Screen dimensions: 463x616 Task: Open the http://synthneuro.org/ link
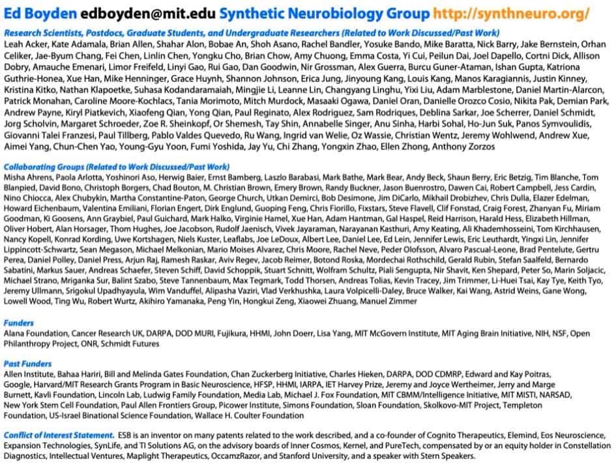[512, 14]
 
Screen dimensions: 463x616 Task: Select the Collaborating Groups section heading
[117, 167]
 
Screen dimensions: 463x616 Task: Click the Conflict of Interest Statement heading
[59, 434]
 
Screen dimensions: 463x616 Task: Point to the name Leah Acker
[25, 44]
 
